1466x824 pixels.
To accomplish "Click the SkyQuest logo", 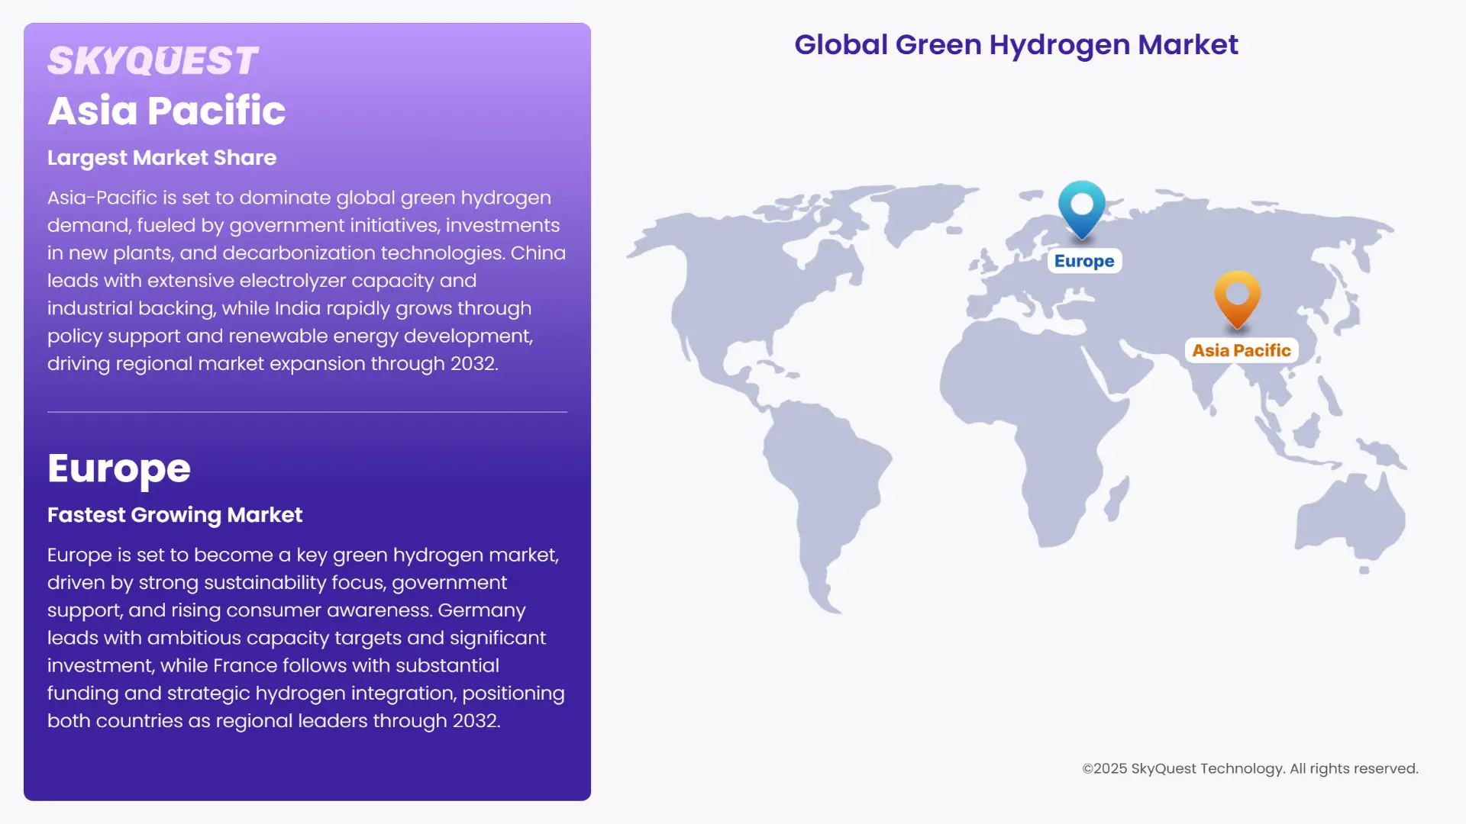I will click(x=153, y=61).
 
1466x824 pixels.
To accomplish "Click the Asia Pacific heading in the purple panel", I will click(x=166, y=111).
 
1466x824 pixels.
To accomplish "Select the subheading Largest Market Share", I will click(x=162, y=158).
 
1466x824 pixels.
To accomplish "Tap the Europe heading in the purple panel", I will click(x=119, y=468).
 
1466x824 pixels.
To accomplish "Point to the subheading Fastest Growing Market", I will click(x=175, y=515).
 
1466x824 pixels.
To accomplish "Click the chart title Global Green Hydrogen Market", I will click(x=1016, y=45).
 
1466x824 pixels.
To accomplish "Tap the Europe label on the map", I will click(x=1084, y=261).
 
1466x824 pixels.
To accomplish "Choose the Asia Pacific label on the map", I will click(x=1242, y=350).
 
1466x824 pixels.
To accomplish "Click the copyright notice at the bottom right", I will click(x=1250, y=768).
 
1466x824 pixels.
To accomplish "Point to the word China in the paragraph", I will click(x=538, y=253).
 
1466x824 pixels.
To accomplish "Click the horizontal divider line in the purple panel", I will click(x=307, y=412).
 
